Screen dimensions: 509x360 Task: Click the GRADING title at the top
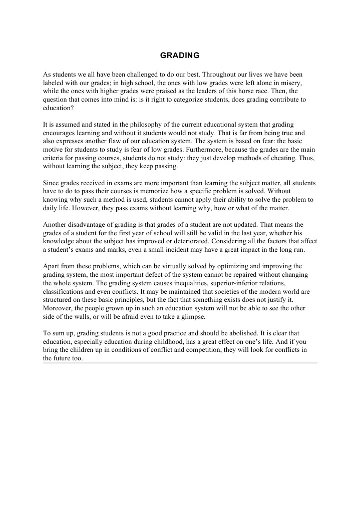[180, 55]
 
